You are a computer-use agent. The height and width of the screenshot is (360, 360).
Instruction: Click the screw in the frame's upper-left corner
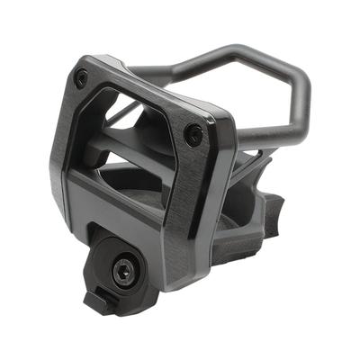[x=82, y=78]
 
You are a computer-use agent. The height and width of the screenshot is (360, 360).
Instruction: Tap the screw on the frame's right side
[x=193, y=135]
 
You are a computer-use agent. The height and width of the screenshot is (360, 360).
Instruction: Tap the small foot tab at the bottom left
[x=96, y=301]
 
